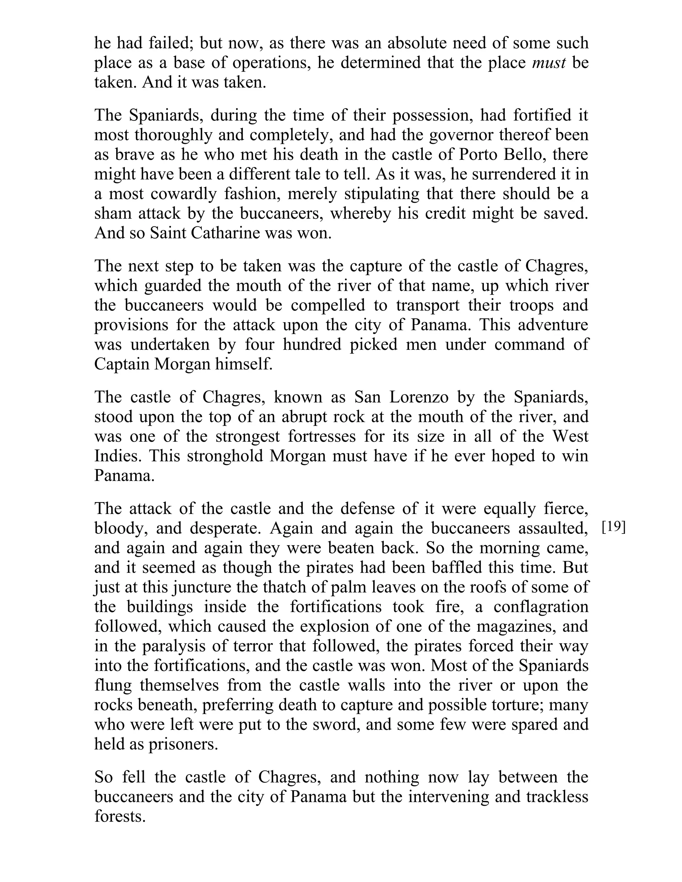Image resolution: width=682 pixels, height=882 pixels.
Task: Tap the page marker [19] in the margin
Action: click(613, 527)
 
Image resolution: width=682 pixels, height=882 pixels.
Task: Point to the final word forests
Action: click(120, 816)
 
